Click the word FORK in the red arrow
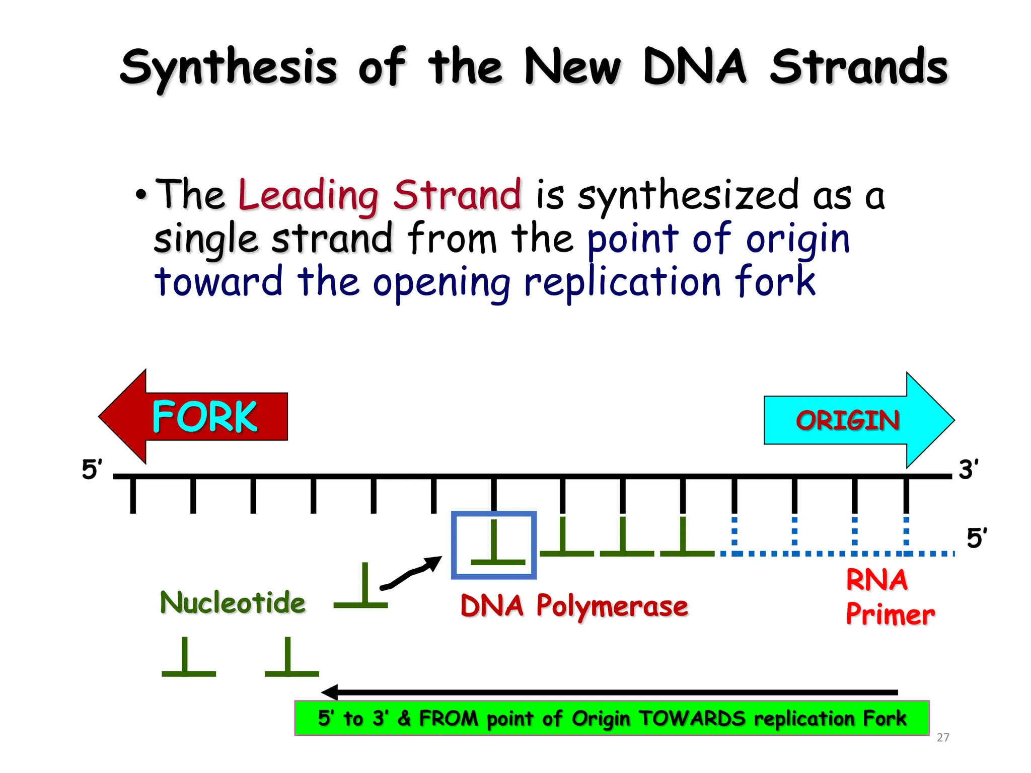pyautogui.click(x=204, y=417)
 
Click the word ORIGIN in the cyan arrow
pyautogui.click(x=847, y=420)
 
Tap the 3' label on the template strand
pyautogui.click(x=969, y=470)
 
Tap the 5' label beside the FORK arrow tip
pyautogui.click(x=92, y=470)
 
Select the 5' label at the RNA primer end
pyautogui.click(x=977, y=538)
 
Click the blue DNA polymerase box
pyautogui.click(x=493, y=545)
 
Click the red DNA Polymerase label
pyautogui.click(x=574, y=605)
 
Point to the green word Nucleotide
pyautogui.click(x=233, y=602)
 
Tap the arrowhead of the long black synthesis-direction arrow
pyautogui.click(x=329, y=692)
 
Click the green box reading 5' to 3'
pyautogui.click(x=611, y=718)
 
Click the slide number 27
pyautogui.click(x=943, y=737)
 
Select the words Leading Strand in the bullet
pyautogui.click(x=380, y=195)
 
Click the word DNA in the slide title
pyautogui.click(x=695, y=67)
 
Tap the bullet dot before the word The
pyautogui.click(x=141, y=195)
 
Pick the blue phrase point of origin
pyautogui.click(x=718, y=239)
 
